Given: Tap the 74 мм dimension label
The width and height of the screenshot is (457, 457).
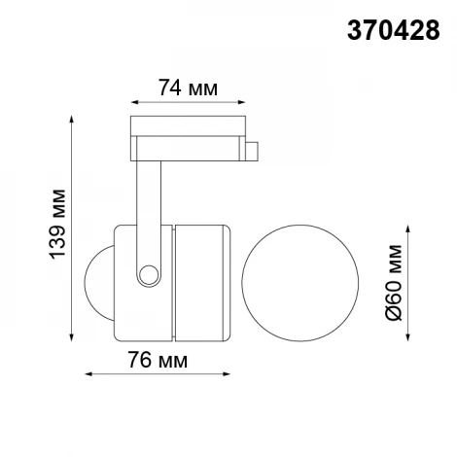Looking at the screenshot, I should tap(187, 87).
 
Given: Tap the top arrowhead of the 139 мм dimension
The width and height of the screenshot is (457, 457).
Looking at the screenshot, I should tap(71, 121).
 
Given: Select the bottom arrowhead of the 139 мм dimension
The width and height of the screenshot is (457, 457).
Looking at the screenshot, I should tap(71, 341).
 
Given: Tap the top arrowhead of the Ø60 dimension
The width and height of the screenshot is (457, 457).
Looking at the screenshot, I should tap(406, 230).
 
